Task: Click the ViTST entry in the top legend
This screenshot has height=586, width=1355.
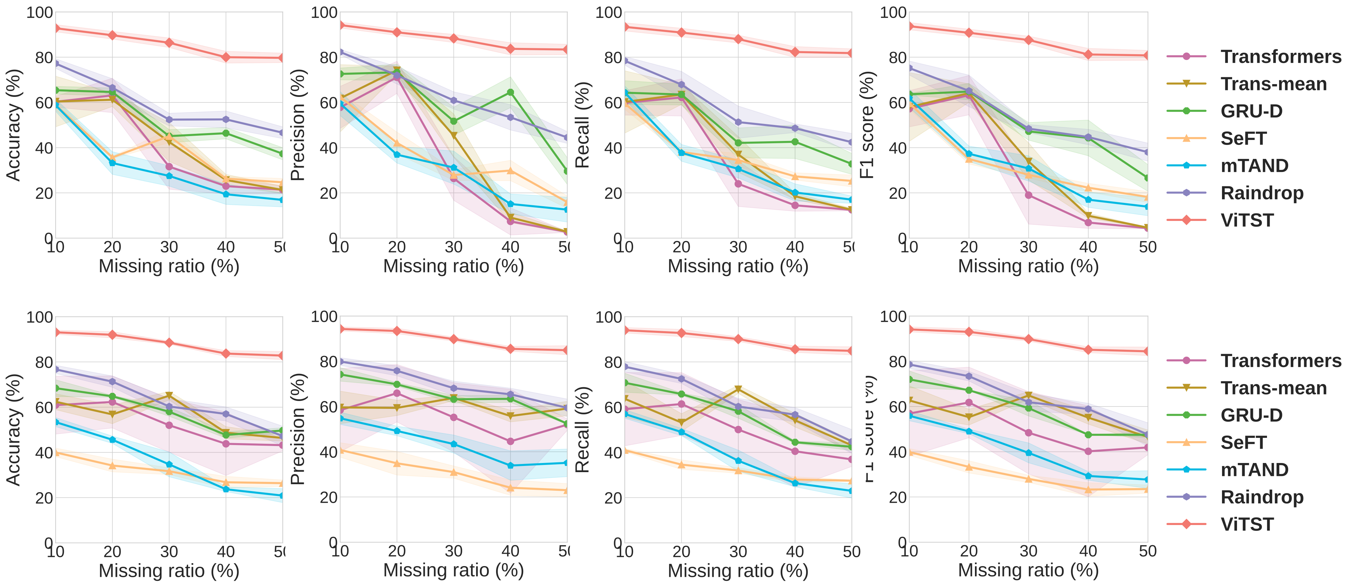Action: (x=1247, y=220)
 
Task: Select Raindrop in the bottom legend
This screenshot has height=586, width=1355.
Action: (x=1261, y=497)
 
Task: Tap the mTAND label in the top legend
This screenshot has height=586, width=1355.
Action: (x=1254, y=166)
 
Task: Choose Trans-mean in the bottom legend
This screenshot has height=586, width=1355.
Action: (x=1273, y=388)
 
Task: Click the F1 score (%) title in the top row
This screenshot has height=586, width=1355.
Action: (x=866, y=125)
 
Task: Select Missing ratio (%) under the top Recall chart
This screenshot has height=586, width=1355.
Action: (x=737, y=266)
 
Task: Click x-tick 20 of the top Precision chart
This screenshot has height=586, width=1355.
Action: (x=397, y=247)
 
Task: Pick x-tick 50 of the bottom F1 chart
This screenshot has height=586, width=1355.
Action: (x=1147, y=551)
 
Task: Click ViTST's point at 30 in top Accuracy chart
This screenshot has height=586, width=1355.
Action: (x=169, y=43)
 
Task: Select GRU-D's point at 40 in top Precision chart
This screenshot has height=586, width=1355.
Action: (x=510, y=92)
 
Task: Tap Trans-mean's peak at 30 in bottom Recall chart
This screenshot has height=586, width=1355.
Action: (x=738, y=389)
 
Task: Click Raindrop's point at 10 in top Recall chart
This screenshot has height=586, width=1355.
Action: (x=625, y=61)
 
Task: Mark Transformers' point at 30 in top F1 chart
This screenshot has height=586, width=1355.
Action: (x=1028, y=195)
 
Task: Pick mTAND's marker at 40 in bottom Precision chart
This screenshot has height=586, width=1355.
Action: (x=510, y=465)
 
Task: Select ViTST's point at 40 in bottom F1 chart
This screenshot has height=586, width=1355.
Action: (x=1088, y=349)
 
